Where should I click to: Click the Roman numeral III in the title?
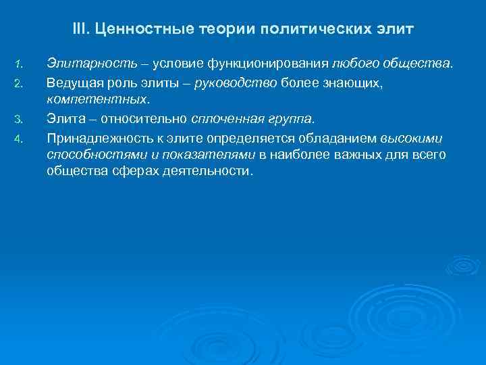click(80, 30)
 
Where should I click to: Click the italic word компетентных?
click(96, 99)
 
